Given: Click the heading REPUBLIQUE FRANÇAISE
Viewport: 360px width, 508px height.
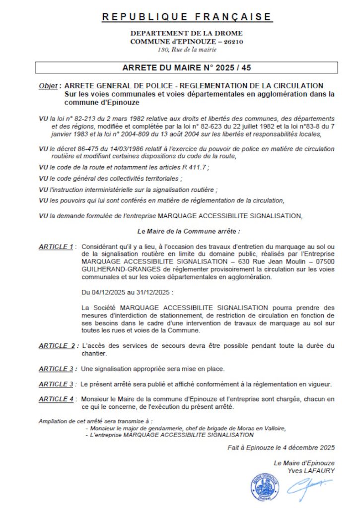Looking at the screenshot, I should [x=187, y=17].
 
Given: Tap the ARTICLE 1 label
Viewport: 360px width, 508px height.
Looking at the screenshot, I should [x=56, y=247].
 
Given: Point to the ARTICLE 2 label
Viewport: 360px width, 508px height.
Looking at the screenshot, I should [x=57, y=345].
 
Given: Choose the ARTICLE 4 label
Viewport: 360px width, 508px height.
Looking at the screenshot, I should [x=56, y=399].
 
